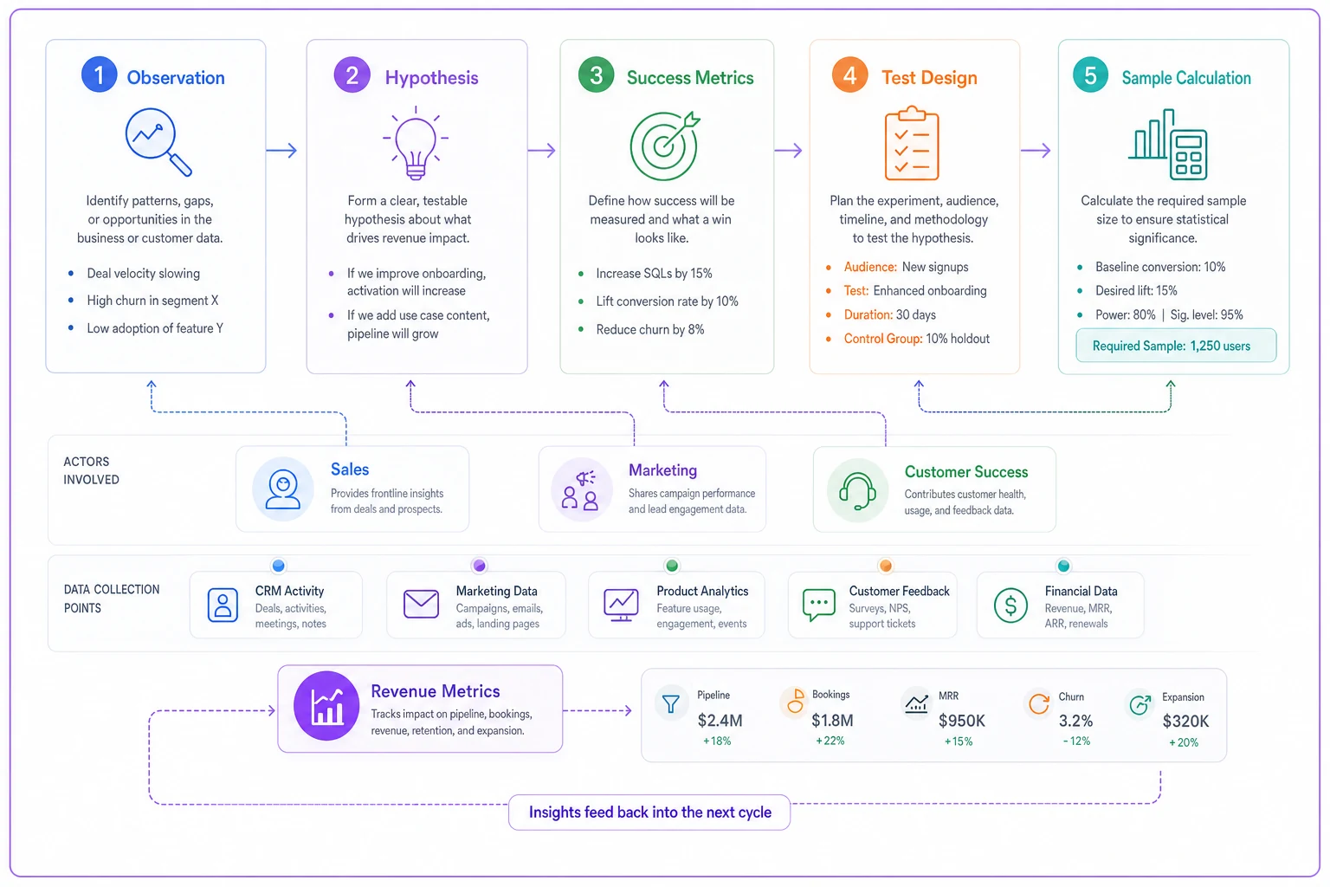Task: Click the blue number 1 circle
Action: coord(100,74)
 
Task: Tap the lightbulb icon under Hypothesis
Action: coord(416,143)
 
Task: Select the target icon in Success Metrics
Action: coord(664,146)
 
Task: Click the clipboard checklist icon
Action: coord(912,143)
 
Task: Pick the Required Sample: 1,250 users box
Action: coord(1176,346)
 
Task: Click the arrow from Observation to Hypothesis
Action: coord(281,151)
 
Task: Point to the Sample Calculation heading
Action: coord(1185,78)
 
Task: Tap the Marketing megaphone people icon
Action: coord(581,489)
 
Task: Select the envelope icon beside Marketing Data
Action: coord(421,605)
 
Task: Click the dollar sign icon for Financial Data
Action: coord(1010,605)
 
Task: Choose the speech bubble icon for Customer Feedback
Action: coord(819,605)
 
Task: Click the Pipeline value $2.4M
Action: coord(720,721)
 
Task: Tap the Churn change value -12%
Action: coord(1076,741)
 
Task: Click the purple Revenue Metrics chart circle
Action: coord(326,706)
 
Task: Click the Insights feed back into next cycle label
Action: coord(649,813)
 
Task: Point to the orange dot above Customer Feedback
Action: coord(885,566)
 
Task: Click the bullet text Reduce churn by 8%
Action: coord(650,330)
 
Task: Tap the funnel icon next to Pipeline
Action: coord(671,704)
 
